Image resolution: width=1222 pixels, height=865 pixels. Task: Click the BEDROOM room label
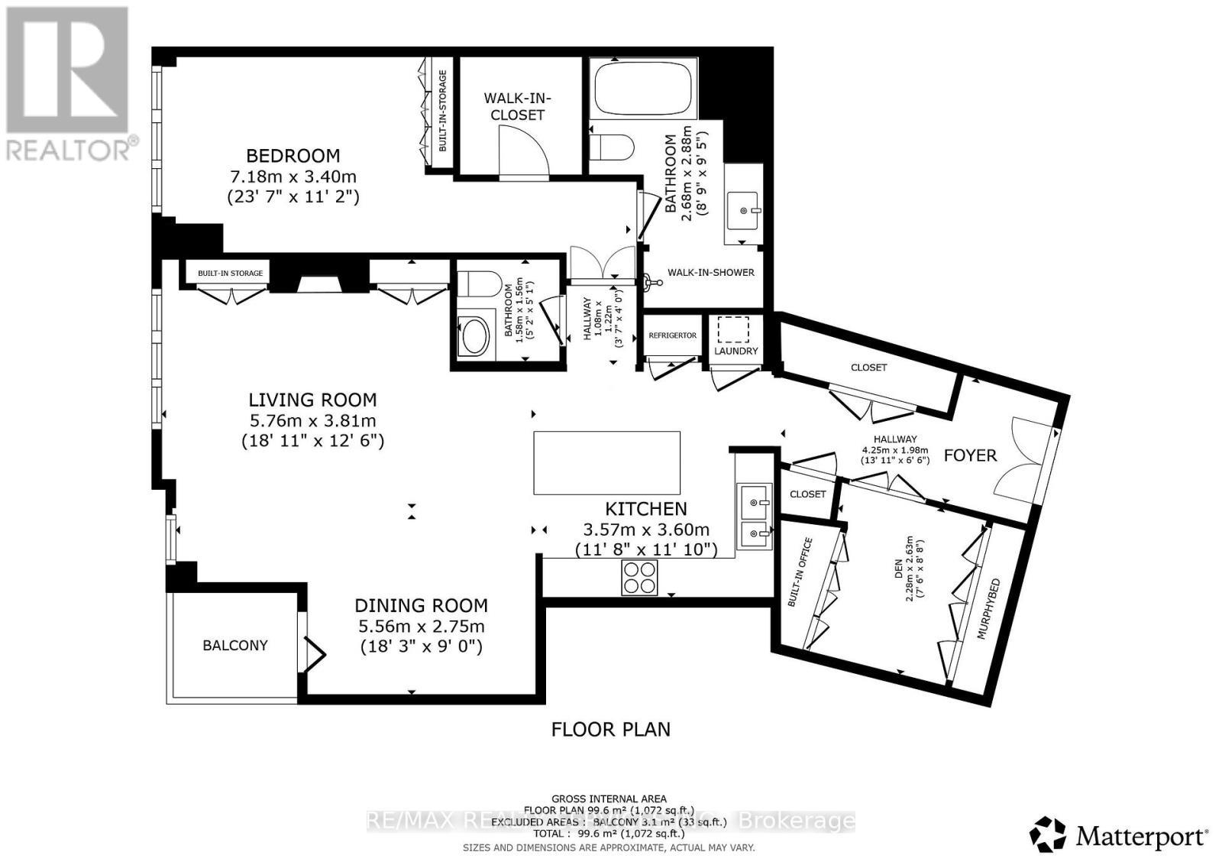click(x=293, y=156)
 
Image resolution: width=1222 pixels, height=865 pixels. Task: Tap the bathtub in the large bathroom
click(x=643, y=89)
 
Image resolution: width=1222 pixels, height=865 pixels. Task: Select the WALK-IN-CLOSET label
click(x=517, y=106)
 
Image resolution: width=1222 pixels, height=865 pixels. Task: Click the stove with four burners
click(x=640, y=578)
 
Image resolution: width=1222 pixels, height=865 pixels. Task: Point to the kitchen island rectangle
click(x=606, y=463)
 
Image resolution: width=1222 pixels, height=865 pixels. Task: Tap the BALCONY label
click(x=235, y=645)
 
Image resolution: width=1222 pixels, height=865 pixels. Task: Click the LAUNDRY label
click(x=736, y=351)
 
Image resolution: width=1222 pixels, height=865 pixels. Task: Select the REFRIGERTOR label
click(x=672, y=335)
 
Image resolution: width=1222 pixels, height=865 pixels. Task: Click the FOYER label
click(x=970, y=455)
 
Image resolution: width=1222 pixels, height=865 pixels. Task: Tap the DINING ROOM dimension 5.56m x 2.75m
click(x=422, y=627)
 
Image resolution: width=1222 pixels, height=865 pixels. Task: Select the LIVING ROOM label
click(x=312, y=400)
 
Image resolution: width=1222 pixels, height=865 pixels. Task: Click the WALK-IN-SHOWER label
click(x=710, y=273)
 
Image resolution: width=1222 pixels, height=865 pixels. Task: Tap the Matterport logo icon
click(x=1048, y=834)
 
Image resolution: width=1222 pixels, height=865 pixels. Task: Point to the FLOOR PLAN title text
click(x=610, y=729)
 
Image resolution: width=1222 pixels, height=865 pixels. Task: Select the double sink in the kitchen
click(x=754, y=516)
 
